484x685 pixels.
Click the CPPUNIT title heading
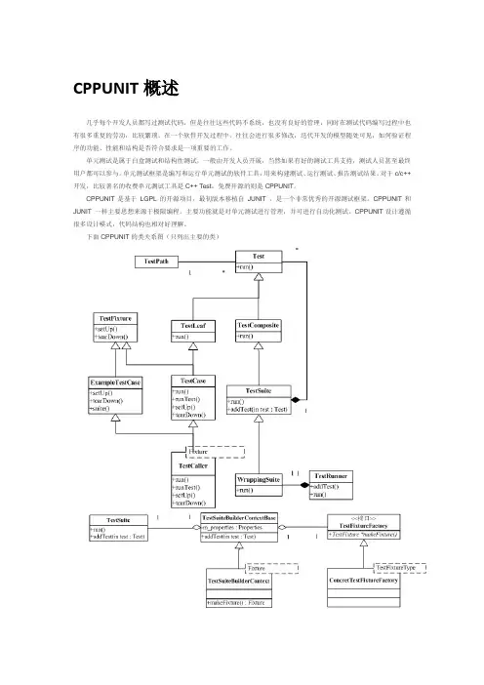126,88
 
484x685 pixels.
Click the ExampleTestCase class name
116,383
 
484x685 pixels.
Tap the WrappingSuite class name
259,479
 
